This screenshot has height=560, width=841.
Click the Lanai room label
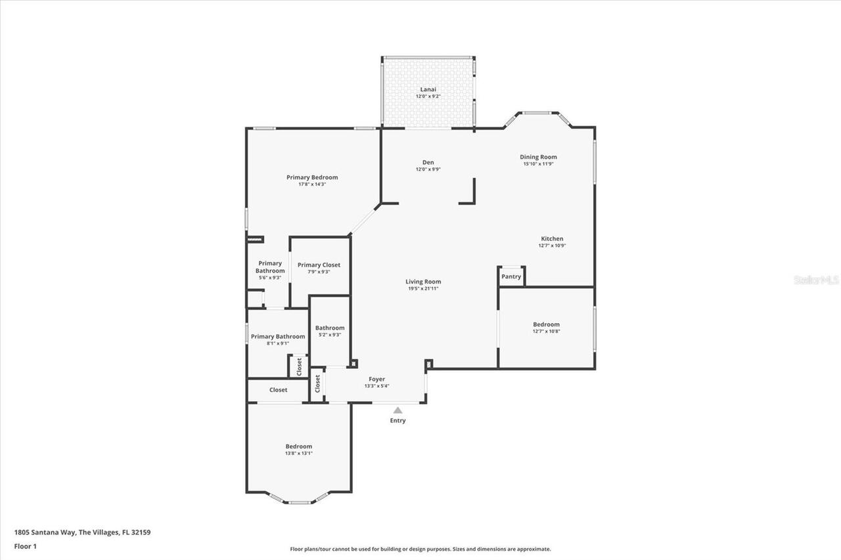(428, 89)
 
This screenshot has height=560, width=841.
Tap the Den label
(428, 163)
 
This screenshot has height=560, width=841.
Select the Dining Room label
(538, 158)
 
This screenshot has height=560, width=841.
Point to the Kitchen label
(552, 239)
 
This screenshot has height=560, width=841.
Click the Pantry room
(511, 276)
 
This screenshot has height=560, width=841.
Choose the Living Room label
(423, 282)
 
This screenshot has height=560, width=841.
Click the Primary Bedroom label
(312, 177)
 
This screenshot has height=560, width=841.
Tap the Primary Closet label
(319, 265)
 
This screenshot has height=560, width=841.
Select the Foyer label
(376, 379)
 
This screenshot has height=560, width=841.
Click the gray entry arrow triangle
(398, 410)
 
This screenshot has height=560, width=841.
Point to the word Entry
(398, 420)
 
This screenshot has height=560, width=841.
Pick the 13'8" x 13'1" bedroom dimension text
(298, 453)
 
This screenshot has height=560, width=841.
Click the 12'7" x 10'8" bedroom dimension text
(546, 332)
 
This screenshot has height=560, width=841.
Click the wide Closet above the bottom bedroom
(278, 390)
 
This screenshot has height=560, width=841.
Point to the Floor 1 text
(25, 546)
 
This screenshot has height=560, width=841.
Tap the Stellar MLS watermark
(816, 280)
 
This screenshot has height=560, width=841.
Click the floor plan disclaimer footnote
(420, 549)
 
